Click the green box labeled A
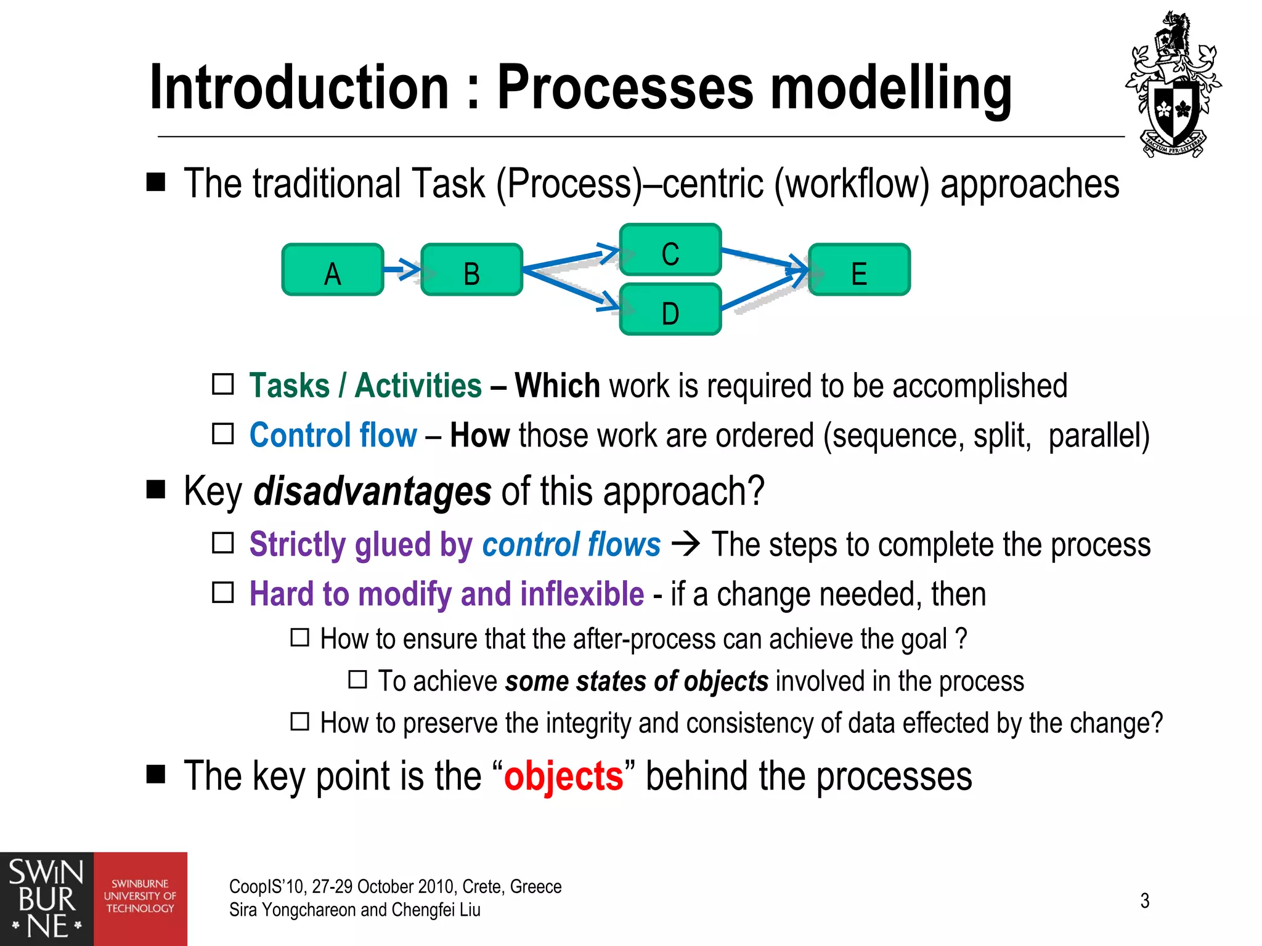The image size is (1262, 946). click(332, 270)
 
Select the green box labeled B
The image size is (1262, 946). click(471, 270)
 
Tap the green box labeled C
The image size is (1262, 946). click(670, 249)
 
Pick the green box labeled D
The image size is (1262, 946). click(670, 309)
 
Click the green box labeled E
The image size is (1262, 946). click(859, 270)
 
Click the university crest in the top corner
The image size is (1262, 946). click(1173, 86)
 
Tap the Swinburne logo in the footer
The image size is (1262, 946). click(93, 899)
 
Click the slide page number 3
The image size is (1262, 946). click(1144, 900)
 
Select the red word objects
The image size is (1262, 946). click(563, 776)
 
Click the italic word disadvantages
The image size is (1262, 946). click(372, 491)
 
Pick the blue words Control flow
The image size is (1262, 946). click(333, 435)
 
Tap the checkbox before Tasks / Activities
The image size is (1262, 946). click(222, 384)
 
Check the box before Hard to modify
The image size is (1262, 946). click(222, 592)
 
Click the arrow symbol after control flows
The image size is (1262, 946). click(685, 544)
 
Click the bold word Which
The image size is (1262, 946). click(557, 386)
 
